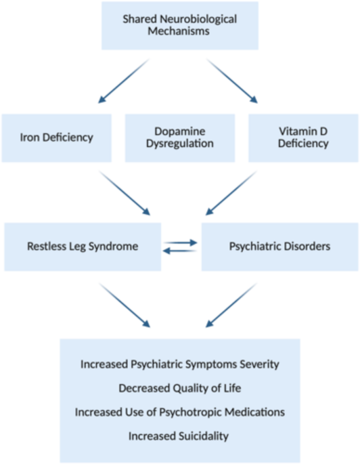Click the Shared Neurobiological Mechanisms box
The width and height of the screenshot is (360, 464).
pyautogui.click(x=180, y=26)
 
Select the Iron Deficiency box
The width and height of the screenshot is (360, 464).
pyautogui.click(x=56, y=138)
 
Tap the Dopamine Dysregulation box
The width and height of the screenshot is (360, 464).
pyautogui.click(x=180, y=138)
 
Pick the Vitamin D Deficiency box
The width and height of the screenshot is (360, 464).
pyautogui.click(x=303, y=138)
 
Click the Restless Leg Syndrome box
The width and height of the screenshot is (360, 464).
pyautogui.click(x=83, y=247)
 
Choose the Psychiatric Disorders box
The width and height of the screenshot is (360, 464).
pyautogui.click(x=280, y=247)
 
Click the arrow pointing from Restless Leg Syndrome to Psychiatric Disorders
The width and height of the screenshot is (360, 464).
pyautogui.click(x=180, y=242)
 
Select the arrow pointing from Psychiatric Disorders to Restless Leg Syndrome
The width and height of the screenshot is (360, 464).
pyautogui.click(x=180, y=251)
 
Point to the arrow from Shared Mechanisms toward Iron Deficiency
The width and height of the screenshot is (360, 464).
pyautogui.click(x=124, y=81)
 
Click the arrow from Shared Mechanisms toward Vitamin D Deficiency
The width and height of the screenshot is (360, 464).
pyautogui.click(x=232, y=81)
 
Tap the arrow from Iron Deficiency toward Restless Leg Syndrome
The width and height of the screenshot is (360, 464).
pyautogui.click(x=125, y=192)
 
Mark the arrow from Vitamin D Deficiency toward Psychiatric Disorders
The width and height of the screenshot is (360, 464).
pyautogui.click(x=231, y=192)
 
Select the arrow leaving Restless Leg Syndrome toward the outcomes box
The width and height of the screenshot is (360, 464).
pyautogui.click(x=125, y=305)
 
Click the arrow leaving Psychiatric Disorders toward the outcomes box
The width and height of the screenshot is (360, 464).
pyautogui.click(x=231, y=305)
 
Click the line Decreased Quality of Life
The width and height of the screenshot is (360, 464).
pyautogui.click(x=180, y=388)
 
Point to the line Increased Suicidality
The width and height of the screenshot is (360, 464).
pyautogui.click(x=179, y=436)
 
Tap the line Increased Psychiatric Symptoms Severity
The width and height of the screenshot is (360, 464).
pyautogui.click(x=180, y=364)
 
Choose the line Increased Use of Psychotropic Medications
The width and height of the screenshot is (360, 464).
pyautogui.click(x=180, y=412)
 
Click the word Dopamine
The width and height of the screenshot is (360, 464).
pyautogui.click(x=180, y=131)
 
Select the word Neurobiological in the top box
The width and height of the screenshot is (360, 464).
pyautogui.click(x=198, y=19)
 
